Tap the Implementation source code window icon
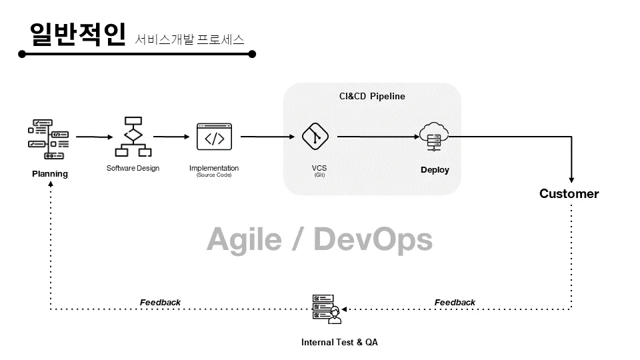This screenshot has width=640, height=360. [214, 137]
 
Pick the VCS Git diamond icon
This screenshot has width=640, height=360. [315, 137]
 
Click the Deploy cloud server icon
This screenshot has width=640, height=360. [434, 137]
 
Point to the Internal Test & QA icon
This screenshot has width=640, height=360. [327, 309]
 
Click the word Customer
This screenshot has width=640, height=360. [569, 194]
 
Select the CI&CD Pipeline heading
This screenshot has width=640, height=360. [372, 96]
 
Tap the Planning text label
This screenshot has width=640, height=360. [50, 174]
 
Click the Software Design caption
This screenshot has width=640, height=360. [133, 168]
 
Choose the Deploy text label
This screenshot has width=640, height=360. [435, 170]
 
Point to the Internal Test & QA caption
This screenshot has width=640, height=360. [339, 342]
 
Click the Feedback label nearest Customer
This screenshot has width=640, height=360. [455, 303]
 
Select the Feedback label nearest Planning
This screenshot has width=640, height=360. [160, 303]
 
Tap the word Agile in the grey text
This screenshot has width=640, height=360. [243, 239]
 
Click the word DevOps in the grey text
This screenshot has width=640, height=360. [373, 239]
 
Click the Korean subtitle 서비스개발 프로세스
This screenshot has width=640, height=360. [190, 39]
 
